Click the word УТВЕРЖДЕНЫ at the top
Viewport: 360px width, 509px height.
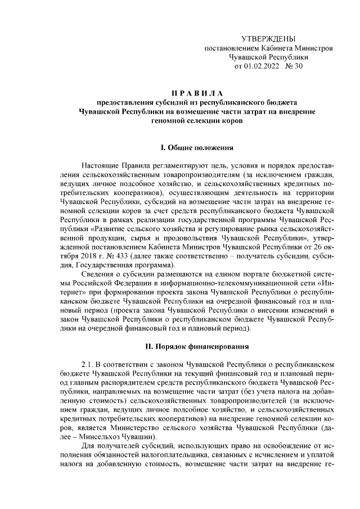click(x=268, y=39)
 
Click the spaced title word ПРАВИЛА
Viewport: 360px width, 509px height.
click(x=197, y=92)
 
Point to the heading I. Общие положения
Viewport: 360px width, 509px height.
click(x=197, y=148)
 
